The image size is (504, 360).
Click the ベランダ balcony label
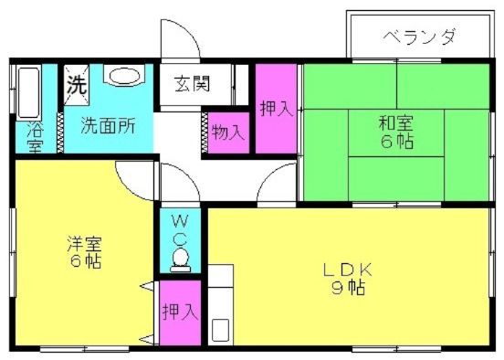419,37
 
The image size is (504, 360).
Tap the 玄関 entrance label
193,84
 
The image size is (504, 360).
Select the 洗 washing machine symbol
77,85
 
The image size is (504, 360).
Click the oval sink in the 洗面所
125,77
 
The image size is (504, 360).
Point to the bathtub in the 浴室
29,92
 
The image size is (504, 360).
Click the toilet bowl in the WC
180,258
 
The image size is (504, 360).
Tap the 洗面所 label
108,126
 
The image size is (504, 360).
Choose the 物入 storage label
228,132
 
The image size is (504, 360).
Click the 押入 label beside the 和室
276,109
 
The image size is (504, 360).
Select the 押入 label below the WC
180,312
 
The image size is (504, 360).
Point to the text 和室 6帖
396,132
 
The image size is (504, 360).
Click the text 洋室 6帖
85,252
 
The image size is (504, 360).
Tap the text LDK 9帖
348,279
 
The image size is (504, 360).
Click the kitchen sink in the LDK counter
221,330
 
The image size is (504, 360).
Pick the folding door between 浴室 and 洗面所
60,132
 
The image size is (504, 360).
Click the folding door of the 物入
205,132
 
